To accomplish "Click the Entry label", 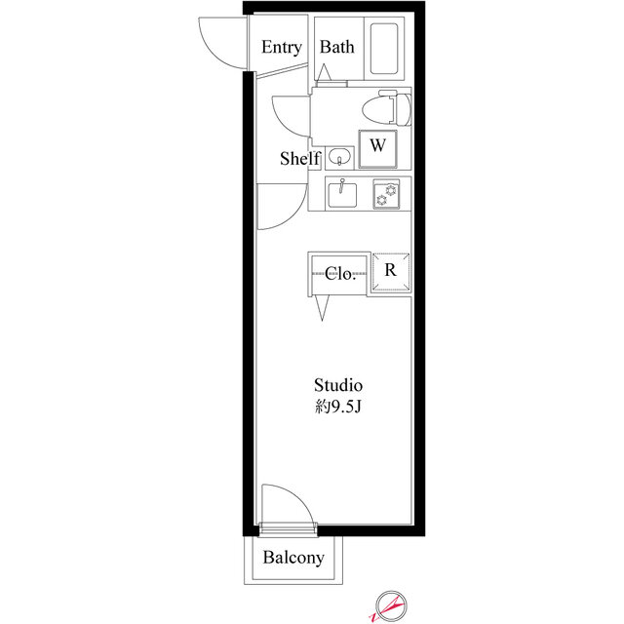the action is pyautogui.click(x=282, y=48).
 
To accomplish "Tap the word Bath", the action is pyautogui.click(x=336, y=47).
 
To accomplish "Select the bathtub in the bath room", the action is pyautogui.click(x=384, y=49).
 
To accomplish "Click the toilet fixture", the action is pyautogui.click(x=386, y=108).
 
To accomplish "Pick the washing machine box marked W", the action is pyautogui.click(x=377, y=149).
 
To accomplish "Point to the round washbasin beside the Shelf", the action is pyautogui.click(x=339, y=156).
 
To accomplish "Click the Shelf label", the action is pyautogui.click(x=299, y=158).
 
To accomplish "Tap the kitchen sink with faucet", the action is pyautogui.click(x=342, y=195).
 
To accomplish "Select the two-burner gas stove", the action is pyautogui.click(x=386, y=194).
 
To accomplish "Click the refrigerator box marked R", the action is pyautogui.click(x=391, y=271).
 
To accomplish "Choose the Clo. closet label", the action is pyautogui.click(x=340, y=273).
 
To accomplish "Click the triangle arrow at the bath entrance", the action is pyautogui.click(x=325, y=72).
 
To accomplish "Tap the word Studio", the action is pyautogui.click(x=338, y=385).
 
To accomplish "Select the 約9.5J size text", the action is pyautogui.click(x=338, y=407).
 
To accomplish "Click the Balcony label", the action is pyautogui.click(x=293, y=558).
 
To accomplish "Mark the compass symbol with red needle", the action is pyautogui.click(x=390, y=605).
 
